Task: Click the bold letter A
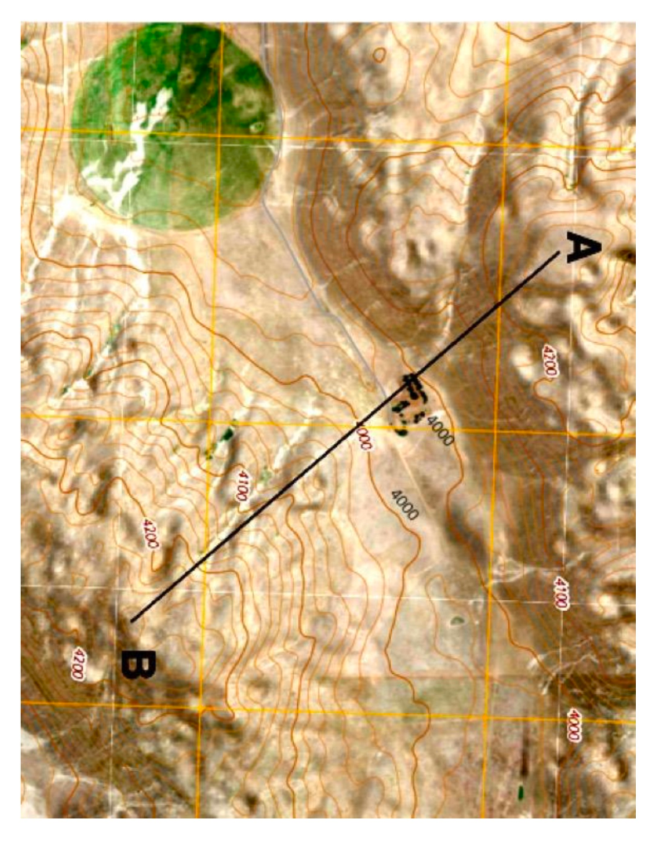tap(583, 247)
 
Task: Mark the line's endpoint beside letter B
tap(132, 620)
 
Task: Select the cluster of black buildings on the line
tap(408, 404)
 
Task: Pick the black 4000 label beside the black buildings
tap(439, 431)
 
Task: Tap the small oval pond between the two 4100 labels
tap(456, 619)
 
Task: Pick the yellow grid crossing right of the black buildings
tap(496, 432)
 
